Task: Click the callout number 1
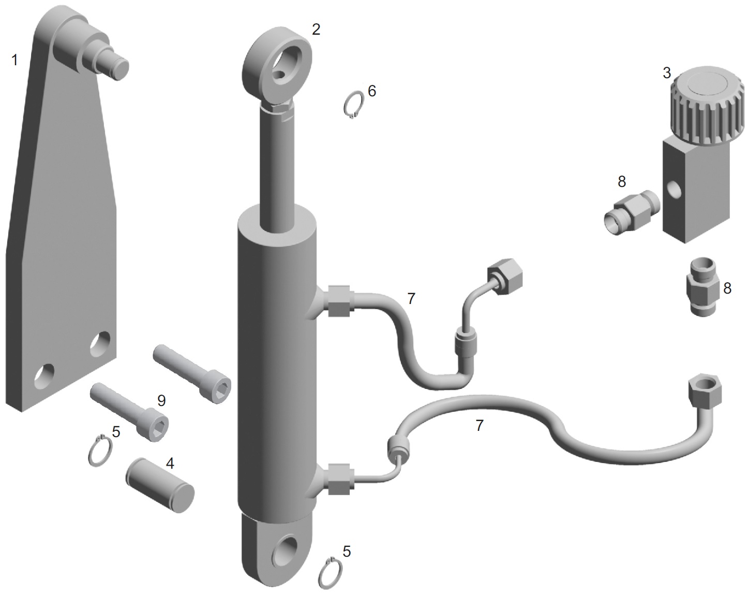click(x=14, y=60)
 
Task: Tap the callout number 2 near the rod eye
click(x=316, y=30)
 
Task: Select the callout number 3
click(x=667, y=73)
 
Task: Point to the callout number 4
click(x=170, y=464)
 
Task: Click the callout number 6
click(x=372, y=91)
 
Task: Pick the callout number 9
click(x=161, y=401)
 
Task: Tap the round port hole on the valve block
click(x=674, y=190)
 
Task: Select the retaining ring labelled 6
click(x=353, y=105)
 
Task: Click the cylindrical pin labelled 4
click(x=160, y=485)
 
